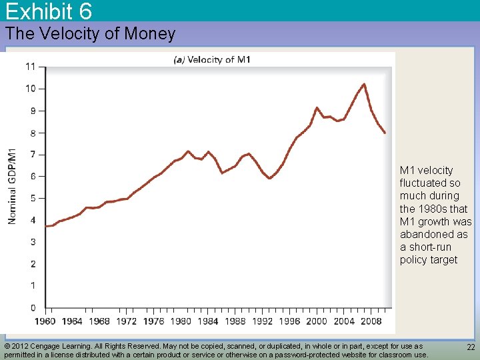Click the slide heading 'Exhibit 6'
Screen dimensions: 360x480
point(49,11)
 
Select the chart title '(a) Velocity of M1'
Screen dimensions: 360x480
point(212,60)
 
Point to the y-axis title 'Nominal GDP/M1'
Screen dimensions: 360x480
point(13,185)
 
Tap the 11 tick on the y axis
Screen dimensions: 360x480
point(31,67)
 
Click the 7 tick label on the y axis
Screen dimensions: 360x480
point(33,155)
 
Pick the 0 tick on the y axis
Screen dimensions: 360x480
point(33,308)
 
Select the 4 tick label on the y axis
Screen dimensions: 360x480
point(33,221)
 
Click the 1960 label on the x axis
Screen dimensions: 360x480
point(45,321)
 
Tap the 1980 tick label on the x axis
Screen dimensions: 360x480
point(181,321)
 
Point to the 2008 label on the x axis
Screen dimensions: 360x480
point(371,321)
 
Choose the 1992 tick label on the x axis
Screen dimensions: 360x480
point(262,321)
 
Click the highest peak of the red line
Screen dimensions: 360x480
point(364,84)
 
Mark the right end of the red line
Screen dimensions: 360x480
point(385,133)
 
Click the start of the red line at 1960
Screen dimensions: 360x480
point(45,226)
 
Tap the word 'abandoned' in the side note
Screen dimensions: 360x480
point(424,235)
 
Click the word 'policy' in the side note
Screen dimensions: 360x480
point(415,260)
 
